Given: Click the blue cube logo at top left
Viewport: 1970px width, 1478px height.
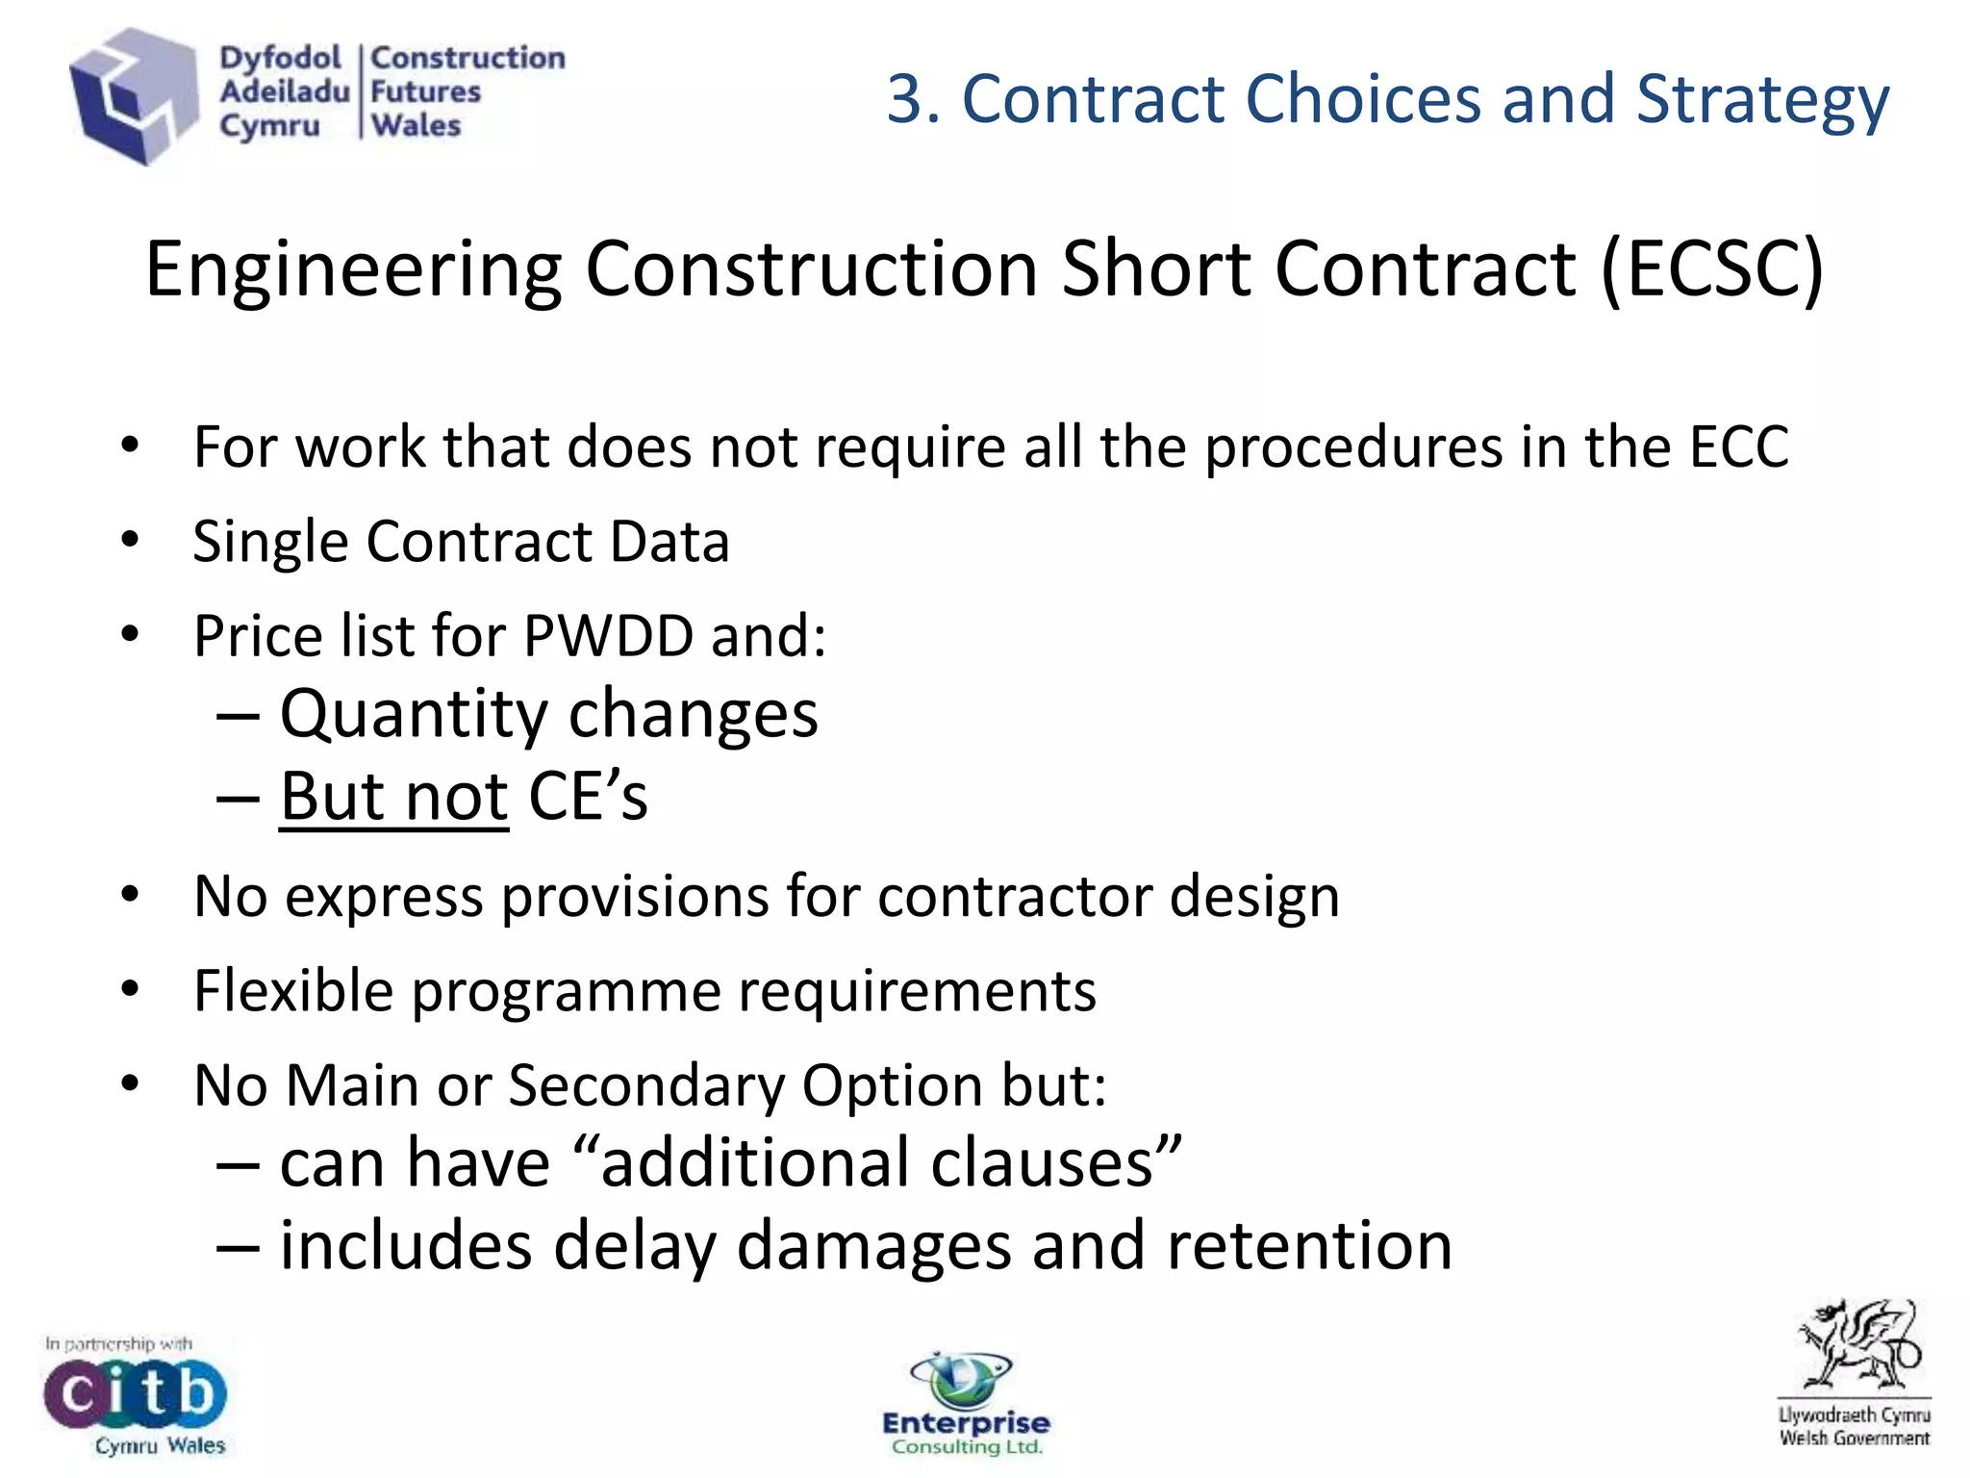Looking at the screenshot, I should (133, 96).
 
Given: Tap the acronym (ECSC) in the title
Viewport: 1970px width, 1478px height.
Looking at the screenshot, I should (1712, 269).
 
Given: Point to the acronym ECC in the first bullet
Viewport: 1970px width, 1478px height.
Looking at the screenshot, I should (1738, 447).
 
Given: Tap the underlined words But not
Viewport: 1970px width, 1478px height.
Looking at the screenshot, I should (393, 797).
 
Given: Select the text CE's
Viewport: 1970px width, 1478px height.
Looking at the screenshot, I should (588, 797).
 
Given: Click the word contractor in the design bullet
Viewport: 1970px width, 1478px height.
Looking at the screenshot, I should (1013, 897).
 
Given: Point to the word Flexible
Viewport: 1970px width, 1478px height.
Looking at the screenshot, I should (293, 991).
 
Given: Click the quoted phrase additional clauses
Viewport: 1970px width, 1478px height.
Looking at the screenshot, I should (876, 1162).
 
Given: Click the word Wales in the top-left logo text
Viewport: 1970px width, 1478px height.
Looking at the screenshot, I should (416, 126).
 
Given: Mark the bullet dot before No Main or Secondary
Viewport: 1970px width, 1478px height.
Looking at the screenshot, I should (131, 1084).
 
